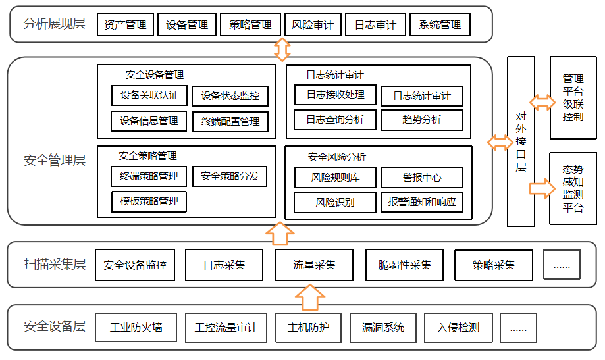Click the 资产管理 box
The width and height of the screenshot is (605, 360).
125,25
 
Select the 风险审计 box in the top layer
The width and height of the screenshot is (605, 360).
313,25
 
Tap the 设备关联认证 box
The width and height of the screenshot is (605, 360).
149,95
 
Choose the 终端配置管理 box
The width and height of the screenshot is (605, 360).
230,121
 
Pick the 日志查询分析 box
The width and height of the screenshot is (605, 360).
335,120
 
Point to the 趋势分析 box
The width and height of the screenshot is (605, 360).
422,120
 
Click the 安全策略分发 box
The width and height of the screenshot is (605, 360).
230,176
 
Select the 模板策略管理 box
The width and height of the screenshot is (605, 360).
149,201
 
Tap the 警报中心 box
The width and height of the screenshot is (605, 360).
422,178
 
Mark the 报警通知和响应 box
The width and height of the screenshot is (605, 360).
422,202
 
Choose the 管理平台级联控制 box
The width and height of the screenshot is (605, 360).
573,97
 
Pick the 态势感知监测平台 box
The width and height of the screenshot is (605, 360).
573,189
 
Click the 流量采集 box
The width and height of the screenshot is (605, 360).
314,265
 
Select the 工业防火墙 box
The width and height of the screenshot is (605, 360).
136,328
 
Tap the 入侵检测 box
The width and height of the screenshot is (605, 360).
458,328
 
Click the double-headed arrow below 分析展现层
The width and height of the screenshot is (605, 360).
282,49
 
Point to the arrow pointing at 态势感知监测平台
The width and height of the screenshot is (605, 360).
542,188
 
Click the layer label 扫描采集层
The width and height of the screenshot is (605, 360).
55,265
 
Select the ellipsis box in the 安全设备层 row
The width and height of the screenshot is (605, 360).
518,328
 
